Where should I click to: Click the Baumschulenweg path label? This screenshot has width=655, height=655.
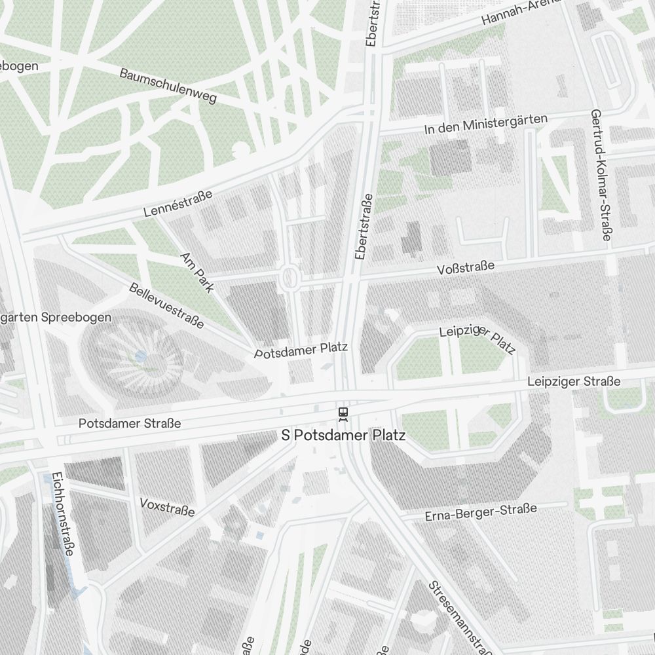point(168,86)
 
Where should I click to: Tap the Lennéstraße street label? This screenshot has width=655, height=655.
point(178,204)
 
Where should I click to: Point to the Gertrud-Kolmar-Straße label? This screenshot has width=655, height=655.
point(601,175)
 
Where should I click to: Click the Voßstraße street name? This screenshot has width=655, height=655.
point(466,268)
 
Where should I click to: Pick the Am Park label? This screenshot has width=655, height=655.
point(196,272)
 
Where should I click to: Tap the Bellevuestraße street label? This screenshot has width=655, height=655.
point(166,305)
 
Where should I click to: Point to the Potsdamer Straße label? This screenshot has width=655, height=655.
point(130,424)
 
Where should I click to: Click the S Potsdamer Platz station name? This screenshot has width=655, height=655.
point(343,436)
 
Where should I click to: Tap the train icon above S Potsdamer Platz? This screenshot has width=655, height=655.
point(342,413)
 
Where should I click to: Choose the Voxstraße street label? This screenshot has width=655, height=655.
point(167,506)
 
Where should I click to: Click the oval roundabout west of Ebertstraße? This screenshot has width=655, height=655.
point(288,279)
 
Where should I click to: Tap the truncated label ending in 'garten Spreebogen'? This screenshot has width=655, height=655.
point(56,317)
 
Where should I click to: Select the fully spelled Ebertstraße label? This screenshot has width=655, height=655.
point(363,227)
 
